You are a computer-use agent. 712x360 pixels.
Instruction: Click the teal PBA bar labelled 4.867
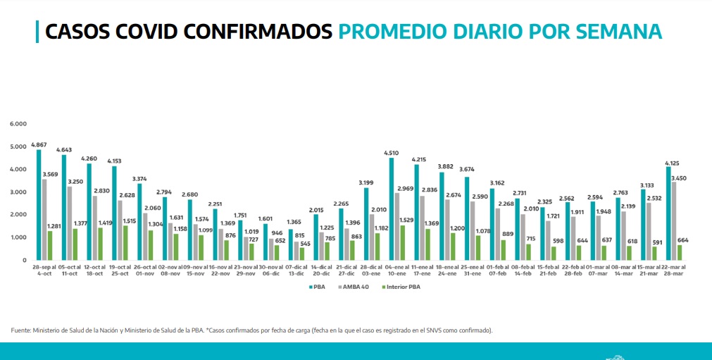tap(39, 204)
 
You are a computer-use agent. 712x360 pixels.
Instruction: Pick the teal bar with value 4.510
tap(391, 209)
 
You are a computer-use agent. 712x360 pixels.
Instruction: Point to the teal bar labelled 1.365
tap(290, 244)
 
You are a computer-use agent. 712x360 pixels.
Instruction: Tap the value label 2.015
tap(316, 209)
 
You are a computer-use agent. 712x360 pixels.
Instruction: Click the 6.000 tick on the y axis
tap(18, 124)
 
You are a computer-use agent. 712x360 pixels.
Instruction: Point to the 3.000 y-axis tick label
tap(18, 192)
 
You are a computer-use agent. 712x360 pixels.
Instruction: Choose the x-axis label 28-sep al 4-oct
tap(44, 270)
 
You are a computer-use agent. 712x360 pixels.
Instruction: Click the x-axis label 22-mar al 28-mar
tap(673, 270)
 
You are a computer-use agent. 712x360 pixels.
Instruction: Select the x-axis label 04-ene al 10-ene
tap(396, 270)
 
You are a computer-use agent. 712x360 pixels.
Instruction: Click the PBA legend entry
tap(317, 287)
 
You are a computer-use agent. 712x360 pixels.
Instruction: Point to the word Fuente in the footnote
tap(21, 330)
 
